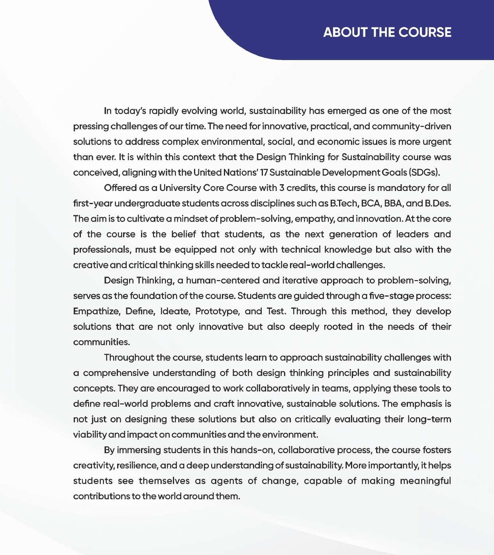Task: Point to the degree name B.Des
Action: pos(438,203)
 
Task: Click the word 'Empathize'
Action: pos(96,311)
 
